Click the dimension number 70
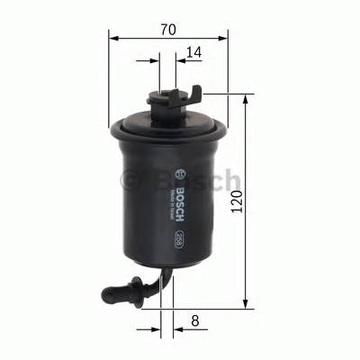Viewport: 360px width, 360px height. click(x=168, y=29)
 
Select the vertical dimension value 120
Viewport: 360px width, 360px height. click(x=237, y=202)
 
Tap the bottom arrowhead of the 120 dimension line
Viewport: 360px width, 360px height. click(x=244, y=306)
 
